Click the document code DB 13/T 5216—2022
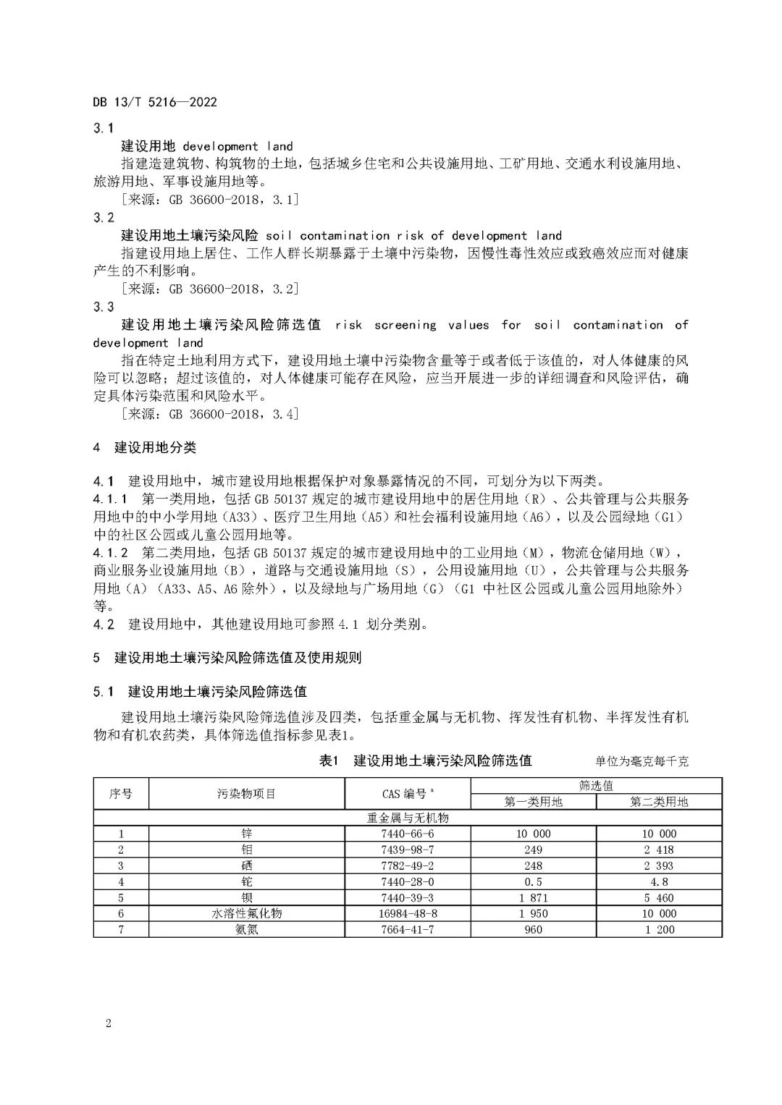coord(154,102)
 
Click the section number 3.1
coord(104,128)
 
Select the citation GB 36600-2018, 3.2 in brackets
coord(211,289)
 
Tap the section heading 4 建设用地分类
coord(144,447)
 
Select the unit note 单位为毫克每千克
coord(642,761)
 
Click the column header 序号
coord(121,794)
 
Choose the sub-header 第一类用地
coord(533,802)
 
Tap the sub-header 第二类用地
coord(659,802)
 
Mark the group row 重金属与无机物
coord(408,818)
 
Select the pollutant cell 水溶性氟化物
coord(246,913)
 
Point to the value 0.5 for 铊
coord(533,881)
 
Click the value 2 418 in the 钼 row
coord(659,850)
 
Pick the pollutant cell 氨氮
coord(246,929)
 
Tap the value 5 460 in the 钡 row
coord(659,897)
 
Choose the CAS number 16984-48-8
coord(408,913)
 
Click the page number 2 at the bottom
coord(108,1023)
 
